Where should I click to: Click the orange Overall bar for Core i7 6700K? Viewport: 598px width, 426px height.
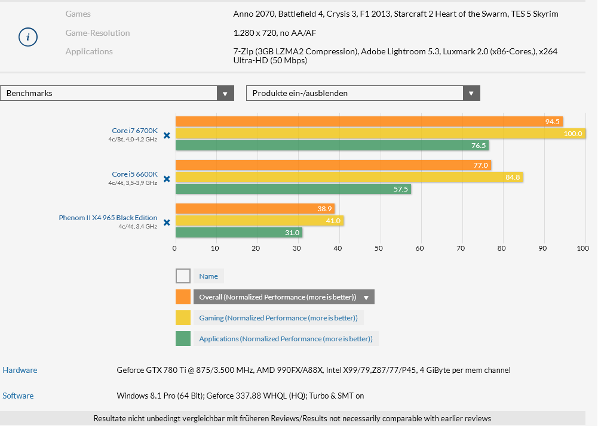coord(369,122)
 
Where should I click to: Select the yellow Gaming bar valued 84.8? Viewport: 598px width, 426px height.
coord(348,177)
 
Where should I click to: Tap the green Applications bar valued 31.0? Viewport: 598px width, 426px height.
coord(238,232)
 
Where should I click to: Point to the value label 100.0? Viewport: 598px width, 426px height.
coord(573,134)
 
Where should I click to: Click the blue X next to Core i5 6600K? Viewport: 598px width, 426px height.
coord(167,178)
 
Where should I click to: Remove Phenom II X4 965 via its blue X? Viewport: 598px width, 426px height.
coord(167,222)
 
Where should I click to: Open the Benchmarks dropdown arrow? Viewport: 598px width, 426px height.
coord(225,93)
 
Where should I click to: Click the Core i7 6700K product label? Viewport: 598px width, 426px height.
coord(134,131)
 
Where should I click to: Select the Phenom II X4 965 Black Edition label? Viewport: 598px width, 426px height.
coord(108,218)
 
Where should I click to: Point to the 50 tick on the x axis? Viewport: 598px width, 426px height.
coord(379,248)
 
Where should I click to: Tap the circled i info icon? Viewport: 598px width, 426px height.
coord(28,37)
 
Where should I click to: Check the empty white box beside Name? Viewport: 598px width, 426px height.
coord(183,276)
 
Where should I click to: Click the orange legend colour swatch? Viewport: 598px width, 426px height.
coord(183,297)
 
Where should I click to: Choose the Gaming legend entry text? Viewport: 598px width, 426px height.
coord(278,318)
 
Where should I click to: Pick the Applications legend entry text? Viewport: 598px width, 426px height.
coord(286,339)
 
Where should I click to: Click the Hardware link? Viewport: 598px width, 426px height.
coord(20,370)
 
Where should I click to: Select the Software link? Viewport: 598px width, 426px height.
coord(18,396)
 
